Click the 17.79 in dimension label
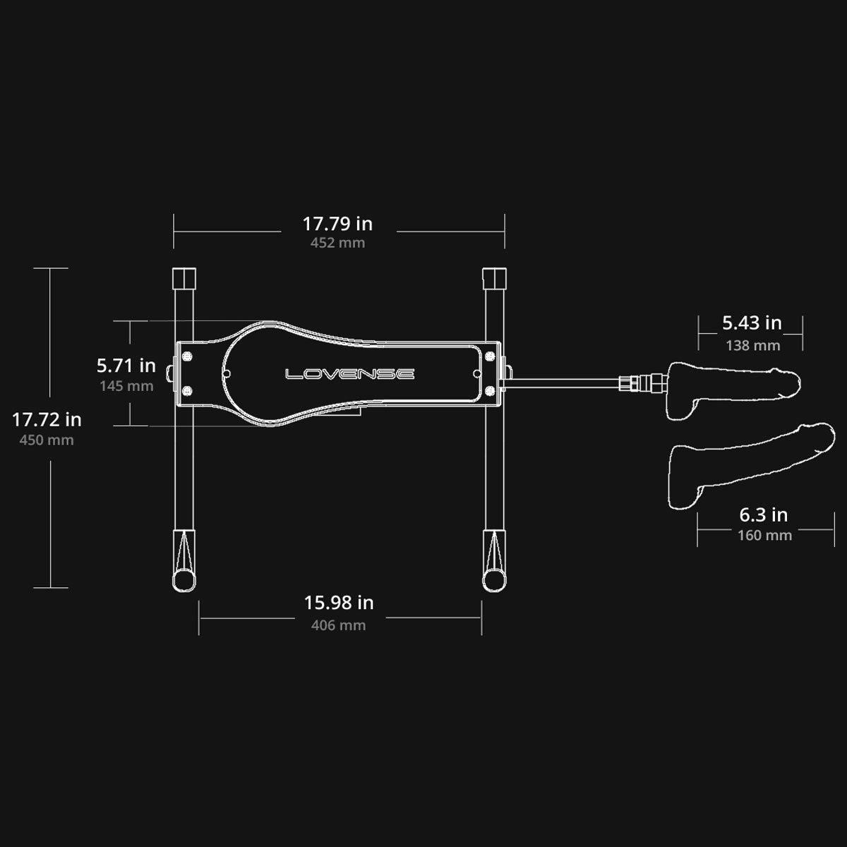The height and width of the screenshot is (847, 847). (337, 224)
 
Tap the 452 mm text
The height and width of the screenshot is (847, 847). (337, 243)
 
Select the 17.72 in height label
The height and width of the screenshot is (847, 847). (47, 420)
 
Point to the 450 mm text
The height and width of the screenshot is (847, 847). (47, 440)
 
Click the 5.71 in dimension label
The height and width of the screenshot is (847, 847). (126, 366)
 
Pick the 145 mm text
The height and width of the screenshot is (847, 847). (126, 386)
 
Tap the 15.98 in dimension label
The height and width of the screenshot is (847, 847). (339, 603)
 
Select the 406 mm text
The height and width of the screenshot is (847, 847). (339, 625)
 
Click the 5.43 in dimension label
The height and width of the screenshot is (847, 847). (752, 323)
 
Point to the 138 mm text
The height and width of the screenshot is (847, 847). (753, 345)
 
